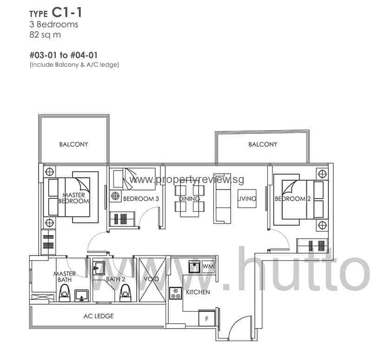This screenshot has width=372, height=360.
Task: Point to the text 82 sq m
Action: click(x=45, y=34)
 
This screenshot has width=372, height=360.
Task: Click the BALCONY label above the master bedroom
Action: click(x=73, y=144)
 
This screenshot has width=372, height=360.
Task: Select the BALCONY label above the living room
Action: click(x=263, y=144)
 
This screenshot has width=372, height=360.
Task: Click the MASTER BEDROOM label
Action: click(x=73, y=198)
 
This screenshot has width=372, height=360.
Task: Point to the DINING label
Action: click(x=189, y=199)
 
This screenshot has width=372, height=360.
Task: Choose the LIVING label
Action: click(x=247, y=199)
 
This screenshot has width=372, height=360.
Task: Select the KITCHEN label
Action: click(x=198, y=292)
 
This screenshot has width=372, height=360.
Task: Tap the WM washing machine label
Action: click(x=207, y=267)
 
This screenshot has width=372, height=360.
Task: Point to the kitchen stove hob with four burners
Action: click(x=175, y=293)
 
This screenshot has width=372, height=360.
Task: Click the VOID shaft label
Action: click(x=152, y=279)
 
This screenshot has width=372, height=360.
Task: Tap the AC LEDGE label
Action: click(x=99, y=316)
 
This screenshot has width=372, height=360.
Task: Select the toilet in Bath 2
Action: click(x=125, y=292)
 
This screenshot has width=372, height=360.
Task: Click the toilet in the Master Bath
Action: click(x=65, y=293)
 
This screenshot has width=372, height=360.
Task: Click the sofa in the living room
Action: click(x=221, y=198)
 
